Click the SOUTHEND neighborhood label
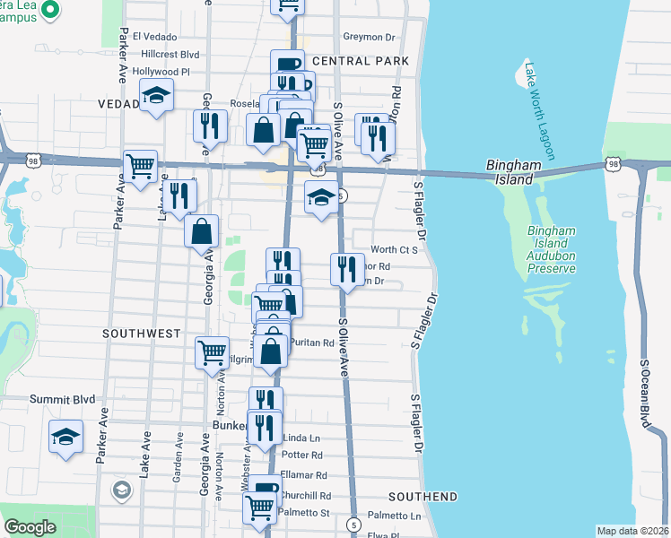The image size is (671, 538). coord(423,496)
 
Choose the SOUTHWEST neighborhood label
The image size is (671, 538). coord(142,333)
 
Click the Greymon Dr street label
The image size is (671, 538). coord(369,38)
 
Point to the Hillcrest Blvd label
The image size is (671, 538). coord(165,54)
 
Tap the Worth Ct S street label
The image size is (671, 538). coord(395,249)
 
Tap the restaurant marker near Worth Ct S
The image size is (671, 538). coord(347,268)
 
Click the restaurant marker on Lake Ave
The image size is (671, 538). coord(179,196)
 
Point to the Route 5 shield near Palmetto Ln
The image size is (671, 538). coord(354,525)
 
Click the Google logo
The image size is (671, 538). coord(30,527)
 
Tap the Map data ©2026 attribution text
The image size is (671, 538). coord(632,531)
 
